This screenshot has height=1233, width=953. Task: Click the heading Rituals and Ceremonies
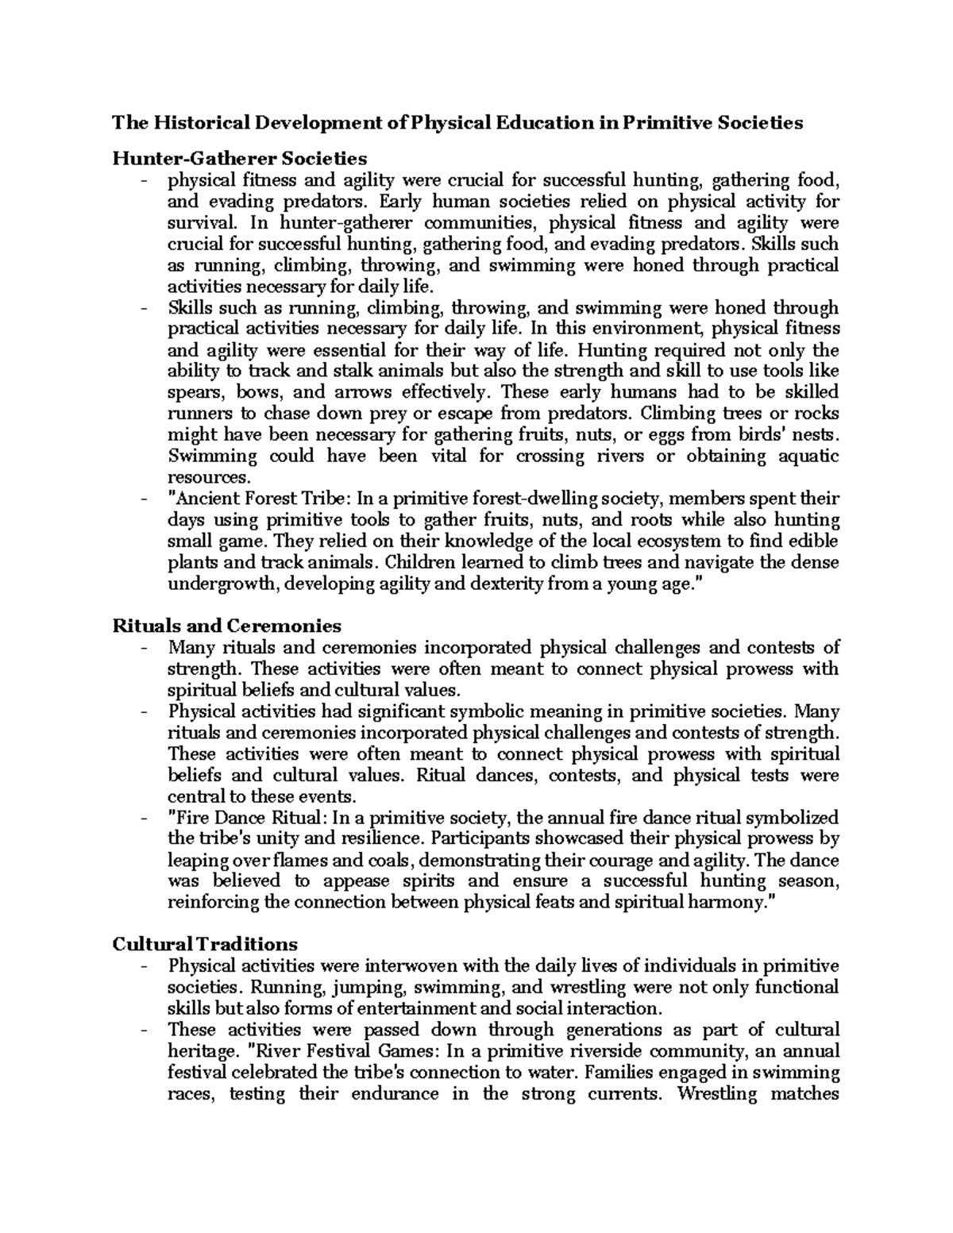pos(226,625)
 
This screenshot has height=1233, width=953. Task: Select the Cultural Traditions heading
pos(205,944)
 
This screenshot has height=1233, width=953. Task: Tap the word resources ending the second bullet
pos(208,478)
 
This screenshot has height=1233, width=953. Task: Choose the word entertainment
pos(414,1009)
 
